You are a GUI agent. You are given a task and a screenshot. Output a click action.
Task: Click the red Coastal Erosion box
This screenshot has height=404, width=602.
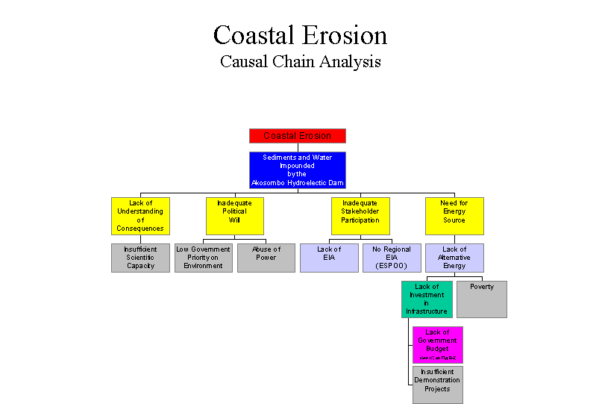(x=297, y=136)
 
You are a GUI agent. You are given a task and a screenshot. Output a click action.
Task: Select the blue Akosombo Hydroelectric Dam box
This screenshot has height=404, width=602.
(x=297, y=170)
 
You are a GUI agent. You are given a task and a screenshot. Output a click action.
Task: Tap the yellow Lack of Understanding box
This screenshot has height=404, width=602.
(x=140, y=216)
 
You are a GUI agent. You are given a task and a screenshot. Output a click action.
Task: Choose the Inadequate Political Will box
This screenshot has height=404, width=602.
(x=235, y=216)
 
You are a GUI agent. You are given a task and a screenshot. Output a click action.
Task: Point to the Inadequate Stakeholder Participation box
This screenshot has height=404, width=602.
(x=360, y=216)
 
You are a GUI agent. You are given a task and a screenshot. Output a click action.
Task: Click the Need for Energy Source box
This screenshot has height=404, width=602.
(x=454, y=216)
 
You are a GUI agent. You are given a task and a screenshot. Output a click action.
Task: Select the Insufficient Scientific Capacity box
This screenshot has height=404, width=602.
(x=140, y=258)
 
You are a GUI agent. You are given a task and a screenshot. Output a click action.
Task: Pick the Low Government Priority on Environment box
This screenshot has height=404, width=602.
(x=204, y=258)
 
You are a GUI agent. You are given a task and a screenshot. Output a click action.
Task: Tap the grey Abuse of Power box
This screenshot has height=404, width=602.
(x=266, y=258)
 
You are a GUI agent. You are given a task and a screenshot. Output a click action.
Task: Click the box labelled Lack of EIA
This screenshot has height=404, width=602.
(x=329, y=258)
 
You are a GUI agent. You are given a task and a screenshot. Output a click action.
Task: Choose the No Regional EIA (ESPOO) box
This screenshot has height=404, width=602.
(x=392, y=258)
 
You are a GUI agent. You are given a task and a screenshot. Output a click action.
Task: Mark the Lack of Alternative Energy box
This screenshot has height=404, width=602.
(x=454, y=258)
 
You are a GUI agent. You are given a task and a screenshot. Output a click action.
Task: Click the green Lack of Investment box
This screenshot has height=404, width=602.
(x=427, y=299)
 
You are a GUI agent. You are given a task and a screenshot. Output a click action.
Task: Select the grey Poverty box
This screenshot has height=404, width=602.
(x=482, y=299)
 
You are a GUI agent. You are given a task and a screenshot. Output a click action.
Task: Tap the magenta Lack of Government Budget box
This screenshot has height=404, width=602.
(x=437, y=345)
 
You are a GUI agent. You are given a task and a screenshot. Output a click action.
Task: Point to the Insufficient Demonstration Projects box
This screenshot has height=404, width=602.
(x=437, y=385)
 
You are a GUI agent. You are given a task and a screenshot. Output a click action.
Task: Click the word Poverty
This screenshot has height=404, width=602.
(x=482, y=287)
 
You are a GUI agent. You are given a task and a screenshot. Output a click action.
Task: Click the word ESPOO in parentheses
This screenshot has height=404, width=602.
(x=392, y=266)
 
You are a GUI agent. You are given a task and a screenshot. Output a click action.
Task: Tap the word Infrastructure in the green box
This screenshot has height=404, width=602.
(x=427, y=311)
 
